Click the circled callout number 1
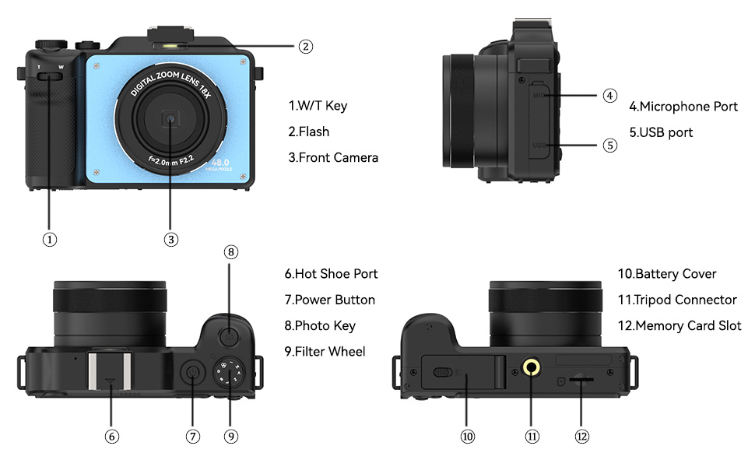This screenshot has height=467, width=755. tap(50, 239)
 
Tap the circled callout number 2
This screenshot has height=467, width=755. tap(306, 47)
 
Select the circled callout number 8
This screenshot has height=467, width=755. tap(230, 252)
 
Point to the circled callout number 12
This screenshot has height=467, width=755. tap(582, 437)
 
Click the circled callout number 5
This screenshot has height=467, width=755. tap(610, 145)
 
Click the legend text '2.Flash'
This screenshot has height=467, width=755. tap(308, 132)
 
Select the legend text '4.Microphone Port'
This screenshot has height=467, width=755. tap(683, 106)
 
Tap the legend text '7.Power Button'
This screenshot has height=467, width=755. tap(329, 300)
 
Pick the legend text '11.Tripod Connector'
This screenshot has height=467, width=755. tap(676, 300)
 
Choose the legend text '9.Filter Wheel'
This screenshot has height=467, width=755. tap(324, 351)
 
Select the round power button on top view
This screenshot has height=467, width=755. tap(192, 375)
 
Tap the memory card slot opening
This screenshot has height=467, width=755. tap(581, 379)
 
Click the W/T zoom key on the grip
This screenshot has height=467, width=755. tap(50, 75)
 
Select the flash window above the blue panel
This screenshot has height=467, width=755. tap(170, 46)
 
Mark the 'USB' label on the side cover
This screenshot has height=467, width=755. tap(539, 146)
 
